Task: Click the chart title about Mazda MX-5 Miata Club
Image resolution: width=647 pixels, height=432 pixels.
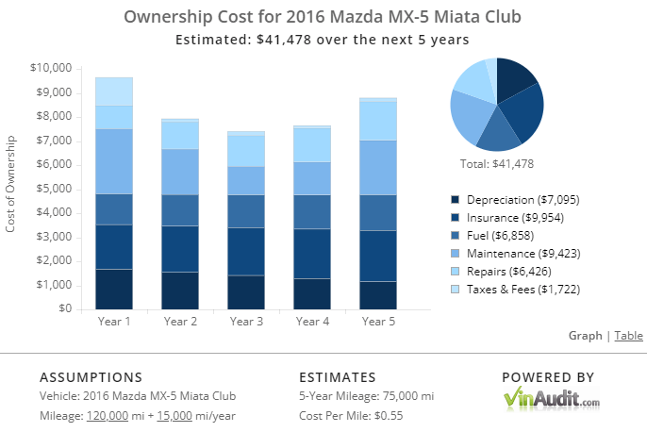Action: coord(323,18)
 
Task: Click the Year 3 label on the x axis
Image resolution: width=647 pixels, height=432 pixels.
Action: coord(246,322)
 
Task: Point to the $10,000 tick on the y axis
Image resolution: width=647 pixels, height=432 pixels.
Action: coord(52,68)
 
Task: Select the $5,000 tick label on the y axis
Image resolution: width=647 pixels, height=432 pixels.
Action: coord(55,189)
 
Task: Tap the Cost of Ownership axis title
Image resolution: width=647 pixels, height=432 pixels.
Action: coord(11,189)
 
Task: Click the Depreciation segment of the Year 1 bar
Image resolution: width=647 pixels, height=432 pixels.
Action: coord(113,289)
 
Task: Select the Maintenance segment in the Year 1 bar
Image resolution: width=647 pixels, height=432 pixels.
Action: coord(113,161)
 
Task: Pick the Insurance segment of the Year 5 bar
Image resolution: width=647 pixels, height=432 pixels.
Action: coord(378,256)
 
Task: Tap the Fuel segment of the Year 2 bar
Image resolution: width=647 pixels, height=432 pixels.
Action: coord(179,209)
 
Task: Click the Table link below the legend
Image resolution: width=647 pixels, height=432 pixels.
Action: coord(629,335)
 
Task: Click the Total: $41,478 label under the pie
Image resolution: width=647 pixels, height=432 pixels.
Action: coord(497,163)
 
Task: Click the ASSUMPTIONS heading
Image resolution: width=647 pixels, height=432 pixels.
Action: coord(91,376)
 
